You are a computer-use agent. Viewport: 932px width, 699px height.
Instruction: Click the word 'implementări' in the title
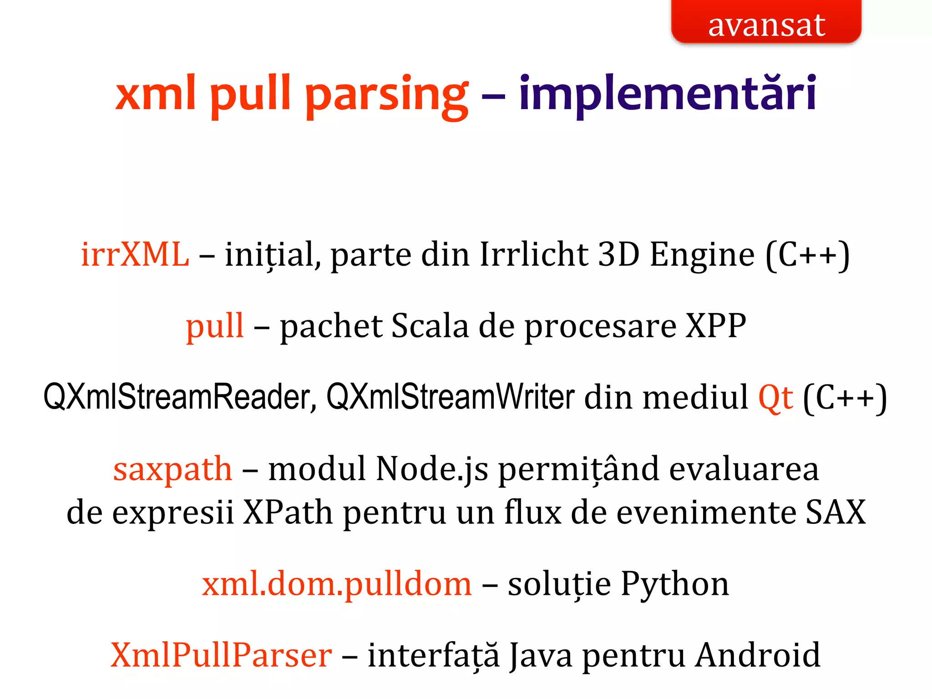point(668,94)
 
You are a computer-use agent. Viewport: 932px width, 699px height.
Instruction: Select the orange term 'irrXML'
point(135,254)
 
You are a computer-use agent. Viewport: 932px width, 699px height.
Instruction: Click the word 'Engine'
point(702,254)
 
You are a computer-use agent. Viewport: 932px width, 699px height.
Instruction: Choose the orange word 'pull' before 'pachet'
point(215,326)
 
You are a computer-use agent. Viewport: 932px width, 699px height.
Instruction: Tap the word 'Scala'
point(430,326)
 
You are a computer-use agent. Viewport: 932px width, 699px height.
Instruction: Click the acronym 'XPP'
point(716,326)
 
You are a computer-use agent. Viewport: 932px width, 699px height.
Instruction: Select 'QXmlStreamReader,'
point(180,397)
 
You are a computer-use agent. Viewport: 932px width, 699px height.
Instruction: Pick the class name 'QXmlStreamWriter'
point(451,397)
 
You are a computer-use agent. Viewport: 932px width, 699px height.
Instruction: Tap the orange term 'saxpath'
point(172,469)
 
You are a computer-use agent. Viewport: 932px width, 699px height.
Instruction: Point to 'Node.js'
point(432,469)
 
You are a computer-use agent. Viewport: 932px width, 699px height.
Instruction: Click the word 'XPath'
point(288,512)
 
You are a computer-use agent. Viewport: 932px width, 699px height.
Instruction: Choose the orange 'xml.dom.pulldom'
point(337,584)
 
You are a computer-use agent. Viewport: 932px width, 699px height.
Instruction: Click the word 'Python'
point(675,584)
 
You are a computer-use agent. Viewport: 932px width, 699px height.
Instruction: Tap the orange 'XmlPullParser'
point(221,655)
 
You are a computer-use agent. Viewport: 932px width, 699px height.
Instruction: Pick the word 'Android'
point(758,655)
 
